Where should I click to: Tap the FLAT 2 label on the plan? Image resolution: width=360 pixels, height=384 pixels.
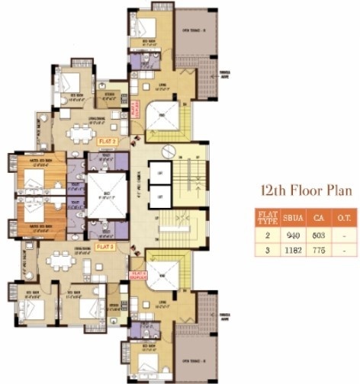(x=106, y=142)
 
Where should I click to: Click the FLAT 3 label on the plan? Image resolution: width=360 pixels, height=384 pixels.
(x=106, y=247)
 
